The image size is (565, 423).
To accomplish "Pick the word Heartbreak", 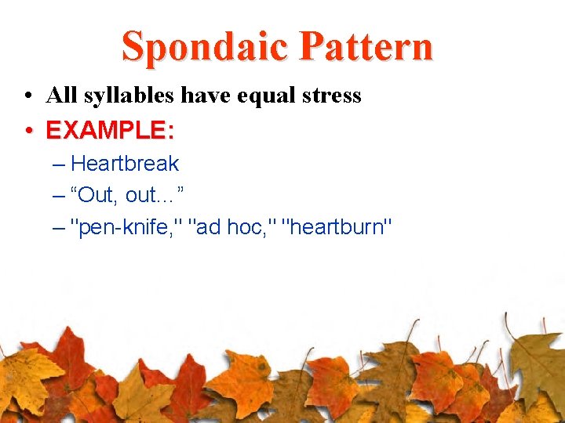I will (125, 164).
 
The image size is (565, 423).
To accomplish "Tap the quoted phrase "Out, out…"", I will (127, 195).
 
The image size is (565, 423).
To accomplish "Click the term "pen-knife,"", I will (126, 227).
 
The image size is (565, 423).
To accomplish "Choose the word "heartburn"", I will (337, 227).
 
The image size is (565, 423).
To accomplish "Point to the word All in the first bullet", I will (60, 96).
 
